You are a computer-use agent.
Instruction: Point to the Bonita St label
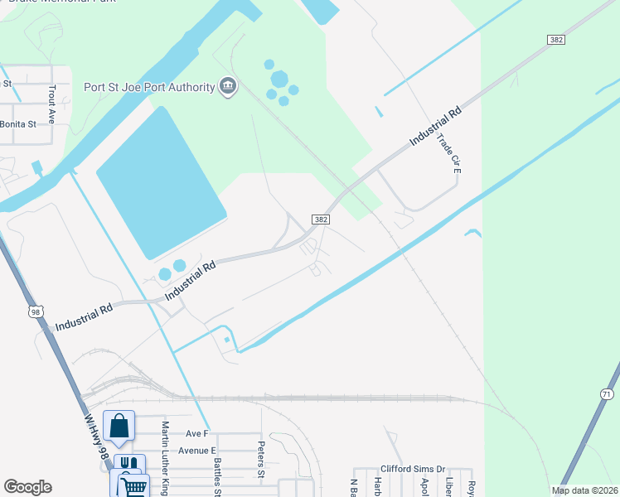[x=18, y=124]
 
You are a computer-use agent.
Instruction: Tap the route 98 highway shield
[x=35, y=311]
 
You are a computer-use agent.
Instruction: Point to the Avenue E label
[x=196, y=451]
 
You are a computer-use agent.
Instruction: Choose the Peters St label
[x=260, y=454]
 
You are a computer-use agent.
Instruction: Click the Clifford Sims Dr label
[x=413, y=469]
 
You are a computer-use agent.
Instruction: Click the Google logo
[x=27, y=487]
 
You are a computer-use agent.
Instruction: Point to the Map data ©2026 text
[x=584, y=490]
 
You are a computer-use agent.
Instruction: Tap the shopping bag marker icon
[x=119, y=426]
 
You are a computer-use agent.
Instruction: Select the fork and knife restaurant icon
[x=128, y=466]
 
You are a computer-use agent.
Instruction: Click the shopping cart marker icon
[x=133, y=484]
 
